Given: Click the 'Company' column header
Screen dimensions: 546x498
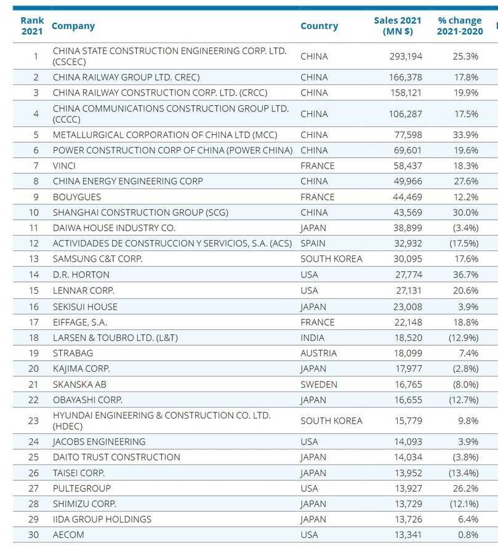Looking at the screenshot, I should tap(73, 26).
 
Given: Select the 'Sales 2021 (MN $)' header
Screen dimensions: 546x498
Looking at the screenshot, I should tap(398, 26).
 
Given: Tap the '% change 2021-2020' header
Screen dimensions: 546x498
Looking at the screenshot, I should tap(460, 26).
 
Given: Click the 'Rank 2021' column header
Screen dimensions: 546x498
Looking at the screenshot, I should tap(32, 26).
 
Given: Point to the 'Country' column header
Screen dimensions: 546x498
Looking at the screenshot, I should tap(319, 26).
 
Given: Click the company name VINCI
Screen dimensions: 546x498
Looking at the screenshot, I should tap(65, 166).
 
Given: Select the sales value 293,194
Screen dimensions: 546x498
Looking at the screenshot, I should tap(406, 56).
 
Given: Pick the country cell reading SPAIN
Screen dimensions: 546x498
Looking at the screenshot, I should tap(313, 244).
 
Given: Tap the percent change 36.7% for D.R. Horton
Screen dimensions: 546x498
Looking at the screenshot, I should tap(465, 275).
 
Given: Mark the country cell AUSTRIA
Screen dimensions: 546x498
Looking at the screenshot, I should tap(318, 353).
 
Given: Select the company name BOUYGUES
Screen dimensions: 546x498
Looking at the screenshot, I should tap(77, 197).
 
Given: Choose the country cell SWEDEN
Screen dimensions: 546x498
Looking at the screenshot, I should tap(319, 384).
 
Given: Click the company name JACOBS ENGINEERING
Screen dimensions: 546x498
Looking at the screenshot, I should tap(99, 441).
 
